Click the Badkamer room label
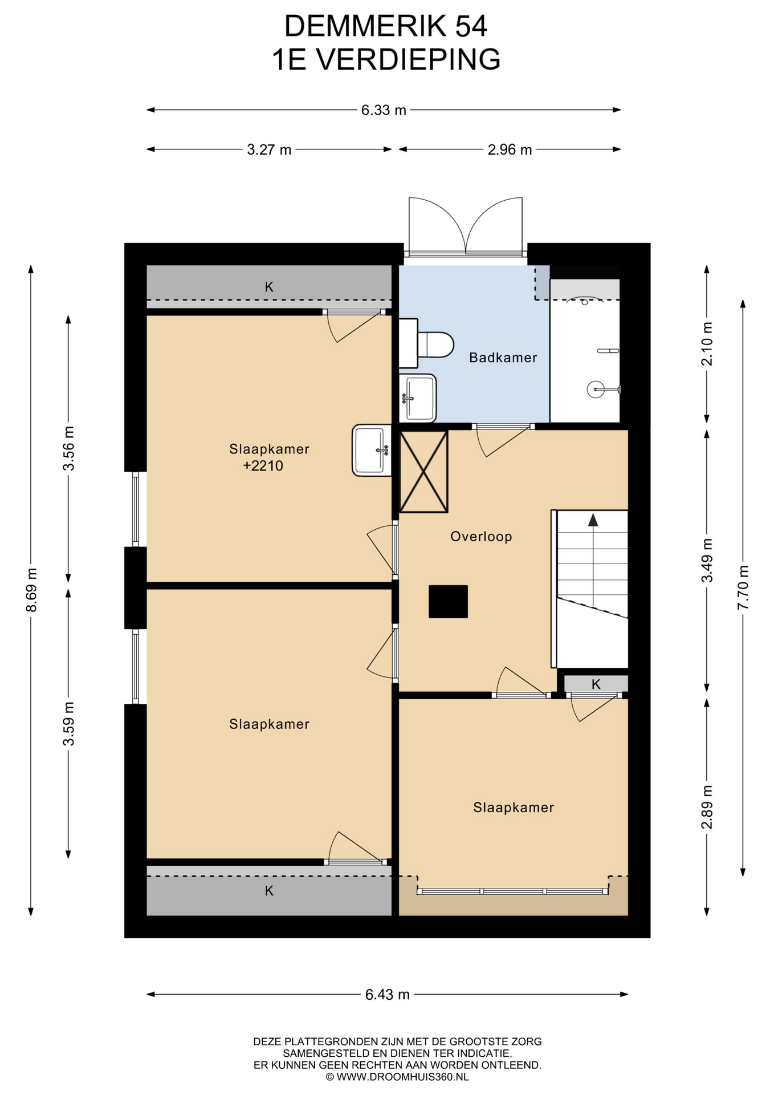[503, 358]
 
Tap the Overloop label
[481, 537]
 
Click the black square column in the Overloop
[448, 602]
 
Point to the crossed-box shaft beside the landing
[423, 472]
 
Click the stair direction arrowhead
[593, 520]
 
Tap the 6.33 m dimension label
[384, 110]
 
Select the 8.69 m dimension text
[31, 590]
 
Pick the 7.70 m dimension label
[743, 587]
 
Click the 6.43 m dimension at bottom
[388, 995]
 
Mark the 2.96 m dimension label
[510, 149]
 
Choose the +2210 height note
[263, 466]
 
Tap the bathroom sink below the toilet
[418, 398]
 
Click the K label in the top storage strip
[269, 287]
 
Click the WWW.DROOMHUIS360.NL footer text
[403, 1077]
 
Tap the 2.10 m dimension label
[707, 344]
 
